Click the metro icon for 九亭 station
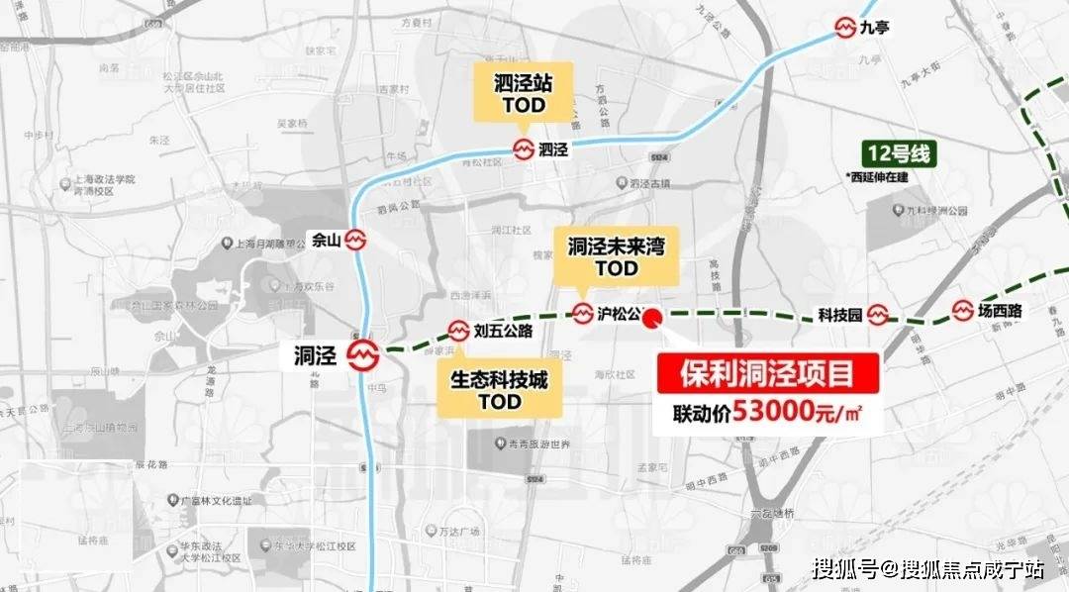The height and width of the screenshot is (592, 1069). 844,27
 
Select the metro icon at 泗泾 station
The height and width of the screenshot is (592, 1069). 524,150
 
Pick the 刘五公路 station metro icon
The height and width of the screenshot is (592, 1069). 459,331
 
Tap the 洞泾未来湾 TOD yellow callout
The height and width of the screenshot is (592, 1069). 617,254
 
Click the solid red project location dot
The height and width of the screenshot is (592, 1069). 652,318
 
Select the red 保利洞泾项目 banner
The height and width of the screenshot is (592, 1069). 766,374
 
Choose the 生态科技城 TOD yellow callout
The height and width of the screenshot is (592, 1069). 499,389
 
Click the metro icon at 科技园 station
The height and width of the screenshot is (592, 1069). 879,316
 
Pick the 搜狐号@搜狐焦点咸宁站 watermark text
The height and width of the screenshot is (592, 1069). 927,569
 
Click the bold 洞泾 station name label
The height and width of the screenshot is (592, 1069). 318,354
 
